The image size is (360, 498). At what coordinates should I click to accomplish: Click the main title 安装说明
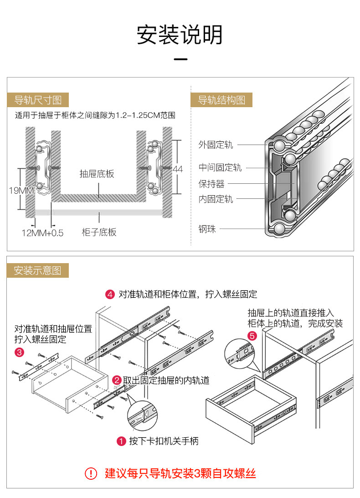[x=180, y=35]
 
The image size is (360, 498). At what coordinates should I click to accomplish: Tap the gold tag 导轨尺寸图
[x=38, y=100]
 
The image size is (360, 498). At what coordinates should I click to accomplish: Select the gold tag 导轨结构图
[x=221, y=100]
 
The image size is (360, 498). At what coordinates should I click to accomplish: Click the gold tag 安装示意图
[x=37, y=270]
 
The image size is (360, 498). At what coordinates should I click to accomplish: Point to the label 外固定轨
[x=216, y=145]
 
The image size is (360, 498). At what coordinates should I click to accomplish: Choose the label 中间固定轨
[x=220, y=167]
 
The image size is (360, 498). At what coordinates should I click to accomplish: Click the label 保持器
[x=211, y=184]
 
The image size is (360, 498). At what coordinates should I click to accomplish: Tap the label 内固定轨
[x=216, y=199]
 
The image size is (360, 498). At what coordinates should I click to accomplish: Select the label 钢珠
[x=207, y=229]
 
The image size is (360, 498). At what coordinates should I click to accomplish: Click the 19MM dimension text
[x=21, y=190]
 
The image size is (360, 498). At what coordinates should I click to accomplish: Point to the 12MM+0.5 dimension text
[x=43, y=233]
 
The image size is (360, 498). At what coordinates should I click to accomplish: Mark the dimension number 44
[x=178, y=169]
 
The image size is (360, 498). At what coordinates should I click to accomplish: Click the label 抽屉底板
[x=97, y=174]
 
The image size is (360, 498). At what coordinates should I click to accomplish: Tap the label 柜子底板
[x=99, y=232]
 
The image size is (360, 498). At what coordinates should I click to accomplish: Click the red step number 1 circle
[x=121, y=441]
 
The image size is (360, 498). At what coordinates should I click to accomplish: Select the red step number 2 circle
[x=117, y=380]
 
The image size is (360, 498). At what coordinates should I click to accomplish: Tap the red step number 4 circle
[x=110, y=294]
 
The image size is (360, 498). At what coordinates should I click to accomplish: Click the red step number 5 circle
[x=252, y=336]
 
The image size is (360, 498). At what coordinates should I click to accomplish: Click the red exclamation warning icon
[x=91, y=473]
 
